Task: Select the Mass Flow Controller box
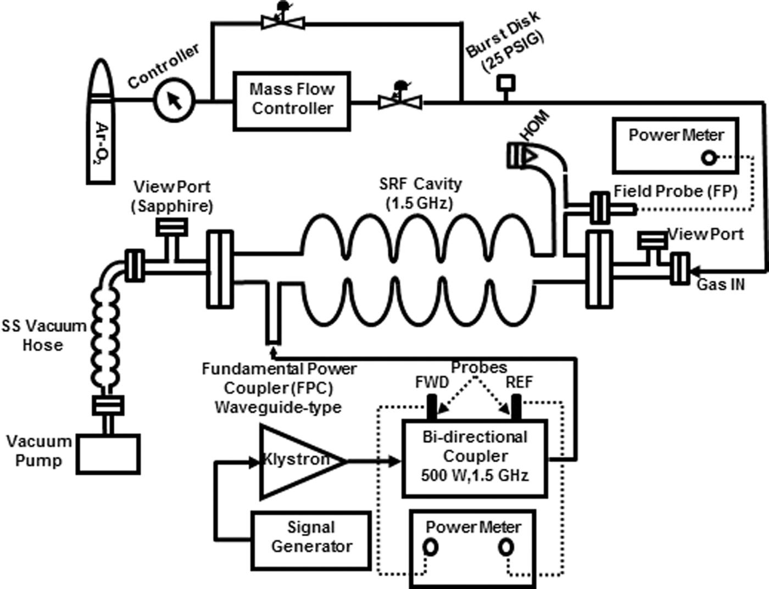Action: (x=292, y=100)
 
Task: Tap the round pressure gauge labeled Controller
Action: (x=174, y=100)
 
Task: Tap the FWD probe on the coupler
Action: (x=432, y=407)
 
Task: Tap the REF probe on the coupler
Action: (x=516, y=407)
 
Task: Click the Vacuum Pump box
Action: (x=108, y=453)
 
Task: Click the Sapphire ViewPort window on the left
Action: (x=172, y=226)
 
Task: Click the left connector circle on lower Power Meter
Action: (x=430, y=547)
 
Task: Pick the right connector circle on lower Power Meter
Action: (x=506, y=547)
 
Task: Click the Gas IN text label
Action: (x=721, y=284)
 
